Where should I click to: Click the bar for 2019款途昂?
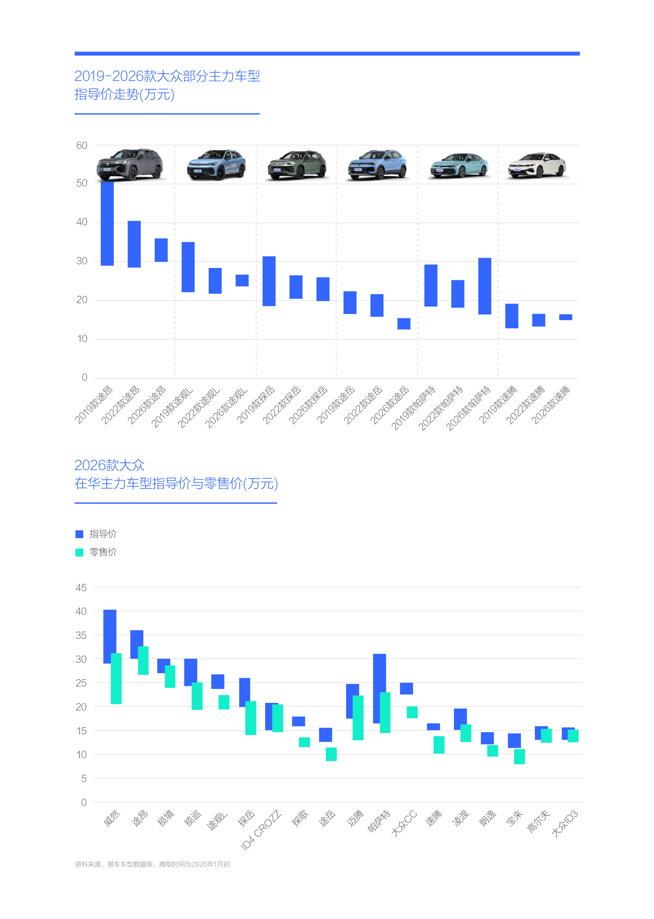tap(107, 223)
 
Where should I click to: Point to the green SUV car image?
tap(297, 165)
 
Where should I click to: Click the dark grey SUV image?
tap(130, 164)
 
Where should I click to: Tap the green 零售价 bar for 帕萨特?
tap(385, 712)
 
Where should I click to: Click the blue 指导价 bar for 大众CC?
tap(406, 689)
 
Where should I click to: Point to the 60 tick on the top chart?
tap(82, 145)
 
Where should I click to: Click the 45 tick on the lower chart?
tap(81, 588)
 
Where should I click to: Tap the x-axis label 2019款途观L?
tap(172, 407)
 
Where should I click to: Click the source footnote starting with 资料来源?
tap(152, 864)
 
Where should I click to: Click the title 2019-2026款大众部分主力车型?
tap(167, 76)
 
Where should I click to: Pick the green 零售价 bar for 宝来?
tap(520, 757)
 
